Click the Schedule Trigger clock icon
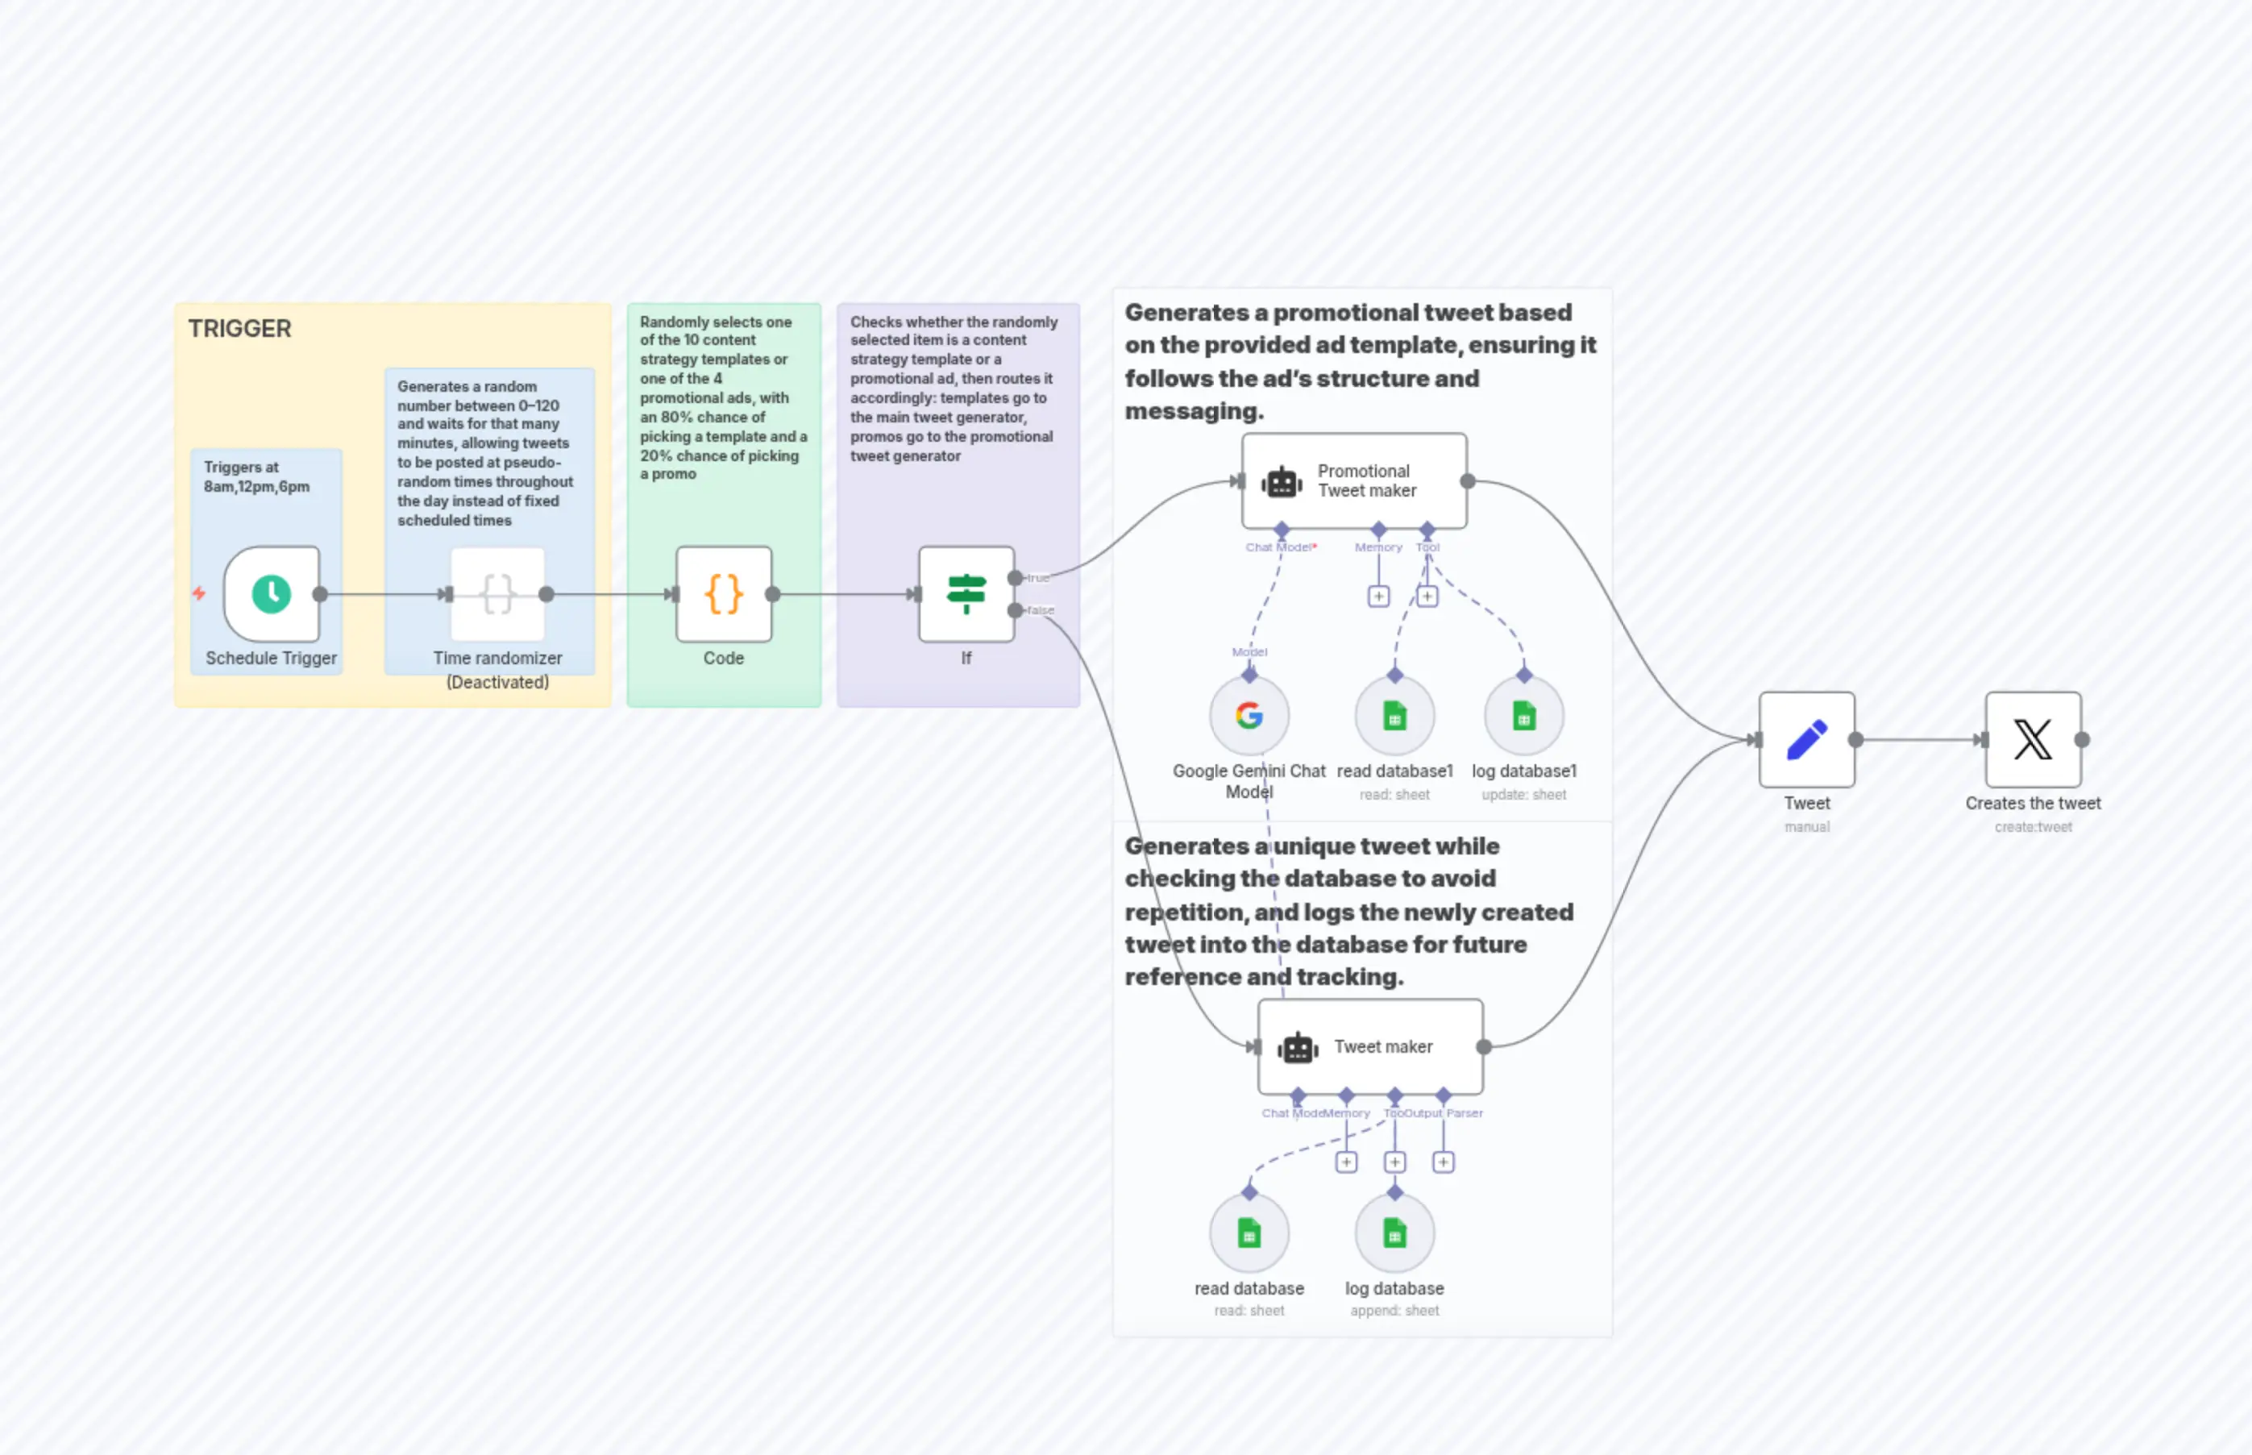pos(271,594)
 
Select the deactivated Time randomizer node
pos(498,594)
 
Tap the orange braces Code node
pos(724,594)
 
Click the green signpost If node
pos(966,594)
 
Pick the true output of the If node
pos(1016,577)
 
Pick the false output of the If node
pos(1016,610)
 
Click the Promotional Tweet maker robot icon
pos(1282,482)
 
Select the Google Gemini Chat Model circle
pos(1249,716)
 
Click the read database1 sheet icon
pos(1394,716)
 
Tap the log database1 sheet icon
pos(1523,716)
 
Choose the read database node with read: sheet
pos(1249,1234)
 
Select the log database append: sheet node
pos(1394,1234)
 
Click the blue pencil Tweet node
pos(1806,740)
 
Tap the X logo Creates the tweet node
pos(2033,740)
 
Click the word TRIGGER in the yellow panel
pos(240,329)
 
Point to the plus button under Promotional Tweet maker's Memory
pos(1378,597)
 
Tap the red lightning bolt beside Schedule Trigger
pos(198,593)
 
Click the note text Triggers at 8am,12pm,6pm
pos(256,477)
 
